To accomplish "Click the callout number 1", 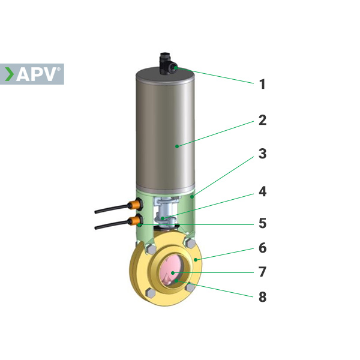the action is click(262, 84).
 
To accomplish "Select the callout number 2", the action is click(262, 120).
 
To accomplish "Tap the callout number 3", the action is click(262, 154).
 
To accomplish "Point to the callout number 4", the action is click(262, 192).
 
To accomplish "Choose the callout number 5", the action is click(262, 223).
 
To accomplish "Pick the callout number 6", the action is click(262, 248).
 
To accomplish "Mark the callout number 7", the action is click(262, 272).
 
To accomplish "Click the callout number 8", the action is click(262, 297).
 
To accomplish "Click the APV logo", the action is click(32, 74).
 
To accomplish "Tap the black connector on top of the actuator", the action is click(167, 64).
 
